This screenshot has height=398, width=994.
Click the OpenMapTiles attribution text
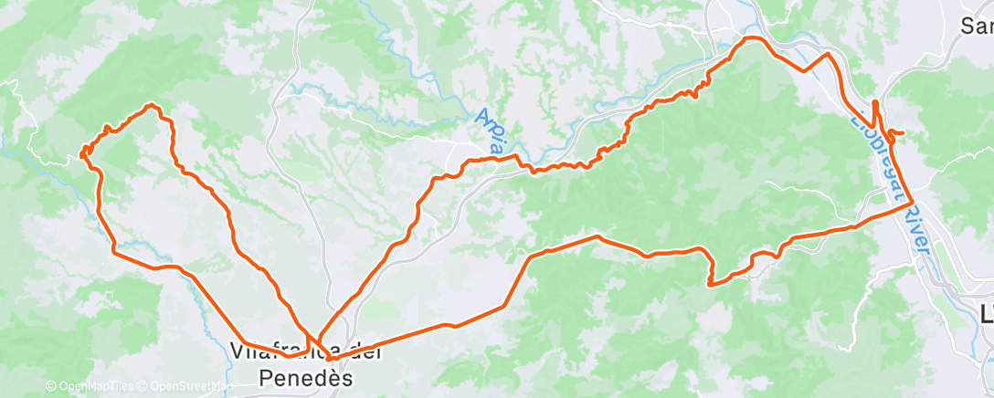click(98, 387)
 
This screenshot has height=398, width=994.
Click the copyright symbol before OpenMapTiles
click(50, 387)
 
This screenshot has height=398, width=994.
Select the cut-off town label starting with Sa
click(977, 26)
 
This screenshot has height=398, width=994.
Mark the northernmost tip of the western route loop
click(151, 105)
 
